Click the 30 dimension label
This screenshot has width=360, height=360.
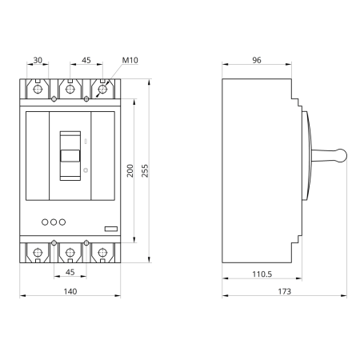coord(38,60)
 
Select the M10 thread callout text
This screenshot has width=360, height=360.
coord(130,60)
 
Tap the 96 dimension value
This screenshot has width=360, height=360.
coord(257,60)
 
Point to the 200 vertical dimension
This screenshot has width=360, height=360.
coord(130,170)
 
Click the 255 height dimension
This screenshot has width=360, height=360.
coord(145,170)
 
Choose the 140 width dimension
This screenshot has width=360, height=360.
coord(70,291)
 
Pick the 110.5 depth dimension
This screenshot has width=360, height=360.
coord(262,274)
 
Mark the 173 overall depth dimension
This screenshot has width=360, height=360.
coord(285,291)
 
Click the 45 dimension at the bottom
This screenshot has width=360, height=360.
coord(70,272)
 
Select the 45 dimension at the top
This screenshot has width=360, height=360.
coord(86,60)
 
